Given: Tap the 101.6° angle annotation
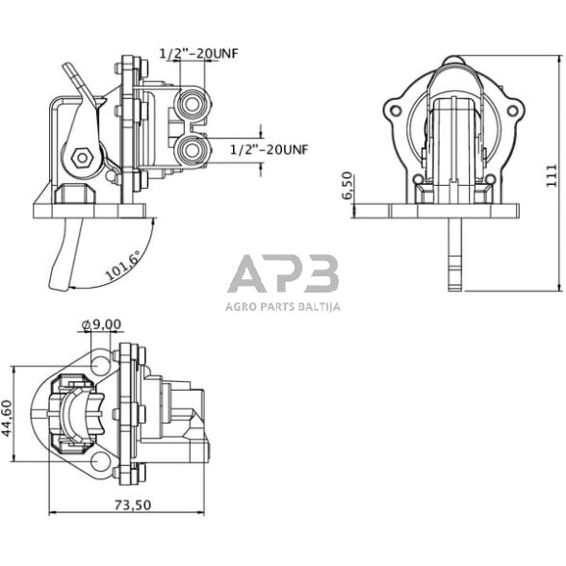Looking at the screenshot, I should point(121,262).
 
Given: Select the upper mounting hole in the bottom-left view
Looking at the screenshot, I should point(99,364).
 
